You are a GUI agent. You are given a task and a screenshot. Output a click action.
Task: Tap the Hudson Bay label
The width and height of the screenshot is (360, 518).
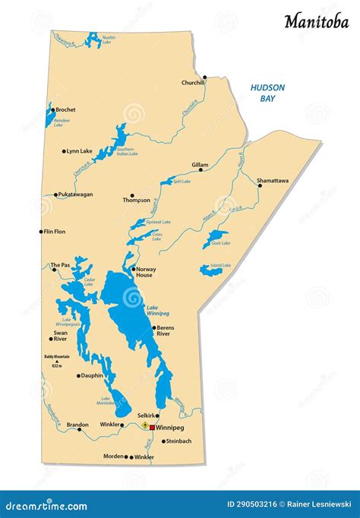tap(267, 93)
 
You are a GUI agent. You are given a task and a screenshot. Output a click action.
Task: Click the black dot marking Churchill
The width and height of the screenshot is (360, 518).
tap(204, 77)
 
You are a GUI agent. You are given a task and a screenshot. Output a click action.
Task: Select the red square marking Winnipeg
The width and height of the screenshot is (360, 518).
tap(152, 428)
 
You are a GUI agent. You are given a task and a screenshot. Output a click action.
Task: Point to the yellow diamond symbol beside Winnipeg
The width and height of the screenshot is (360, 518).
tap(144, 427)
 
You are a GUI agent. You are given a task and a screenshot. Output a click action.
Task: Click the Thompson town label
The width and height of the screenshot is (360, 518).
tap(137, 201)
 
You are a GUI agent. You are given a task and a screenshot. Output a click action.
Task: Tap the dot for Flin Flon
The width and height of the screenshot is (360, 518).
tap(41, 232)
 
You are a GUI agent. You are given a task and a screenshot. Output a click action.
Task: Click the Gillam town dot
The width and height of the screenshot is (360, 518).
tap(201, 170)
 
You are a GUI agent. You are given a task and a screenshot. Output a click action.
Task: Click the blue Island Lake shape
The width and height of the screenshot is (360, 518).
tap(210, 270)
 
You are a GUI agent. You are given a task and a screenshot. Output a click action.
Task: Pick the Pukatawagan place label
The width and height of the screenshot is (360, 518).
tap(75, 194)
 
